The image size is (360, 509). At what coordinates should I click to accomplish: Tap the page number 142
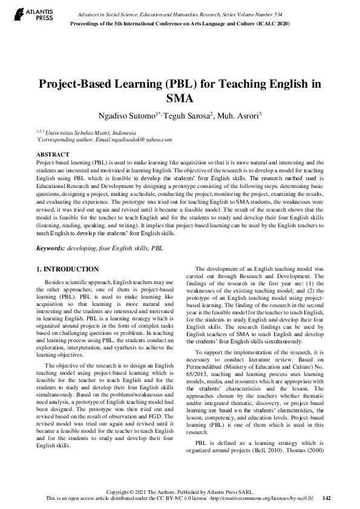pyautogui.click(x=327, y=498)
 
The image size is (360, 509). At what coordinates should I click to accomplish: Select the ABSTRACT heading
pyautogui.click(x=53, y=155)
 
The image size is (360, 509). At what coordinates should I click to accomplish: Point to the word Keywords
pyautogui.click(x=51, y=248)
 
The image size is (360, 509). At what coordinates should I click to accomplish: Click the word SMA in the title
pyautogui.click(x=180, y=98)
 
